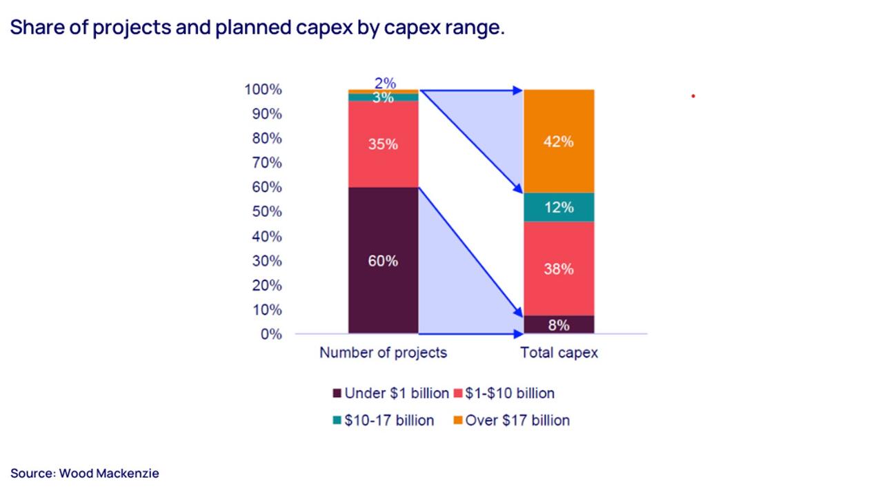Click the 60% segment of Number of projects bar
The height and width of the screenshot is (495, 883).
point(383,261)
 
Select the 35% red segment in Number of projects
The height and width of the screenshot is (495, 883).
point(383,144)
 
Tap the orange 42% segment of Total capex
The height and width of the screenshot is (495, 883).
point(559,142)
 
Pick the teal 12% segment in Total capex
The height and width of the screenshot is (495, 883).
point(559,207)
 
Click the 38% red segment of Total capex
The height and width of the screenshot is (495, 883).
point(559,269)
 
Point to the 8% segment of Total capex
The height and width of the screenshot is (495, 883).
point(559,325)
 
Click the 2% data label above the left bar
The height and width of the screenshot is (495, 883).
point(385,83)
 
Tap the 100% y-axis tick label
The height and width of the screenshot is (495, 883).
point(263,90)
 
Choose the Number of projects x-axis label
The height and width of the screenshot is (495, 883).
point(383,353)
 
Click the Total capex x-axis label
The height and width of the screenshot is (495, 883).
point(559,353)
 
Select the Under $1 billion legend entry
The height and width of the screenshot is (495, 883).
point(391,394)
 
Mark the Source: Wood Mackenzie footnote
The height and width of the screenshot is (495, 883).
point(85,474)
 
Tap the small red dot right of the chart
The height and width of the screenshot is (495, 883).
point(693,96)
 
